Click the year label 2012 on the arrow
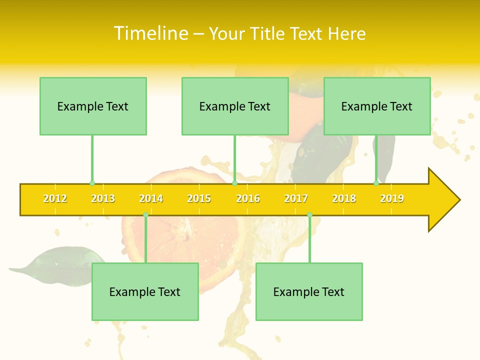point(55,199)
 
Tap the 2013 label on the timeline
point(103,199)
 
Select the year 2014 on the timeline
point(151,199)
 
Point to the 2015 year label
point(199,199)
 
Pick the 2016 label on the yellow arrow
point(248,199)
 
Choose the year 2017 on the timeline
point(296,199)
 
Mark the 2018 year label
point(344,199)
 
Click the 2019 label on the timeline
point(392,199)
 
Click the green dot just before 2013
point(92,183)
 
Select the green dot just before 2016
point(234,183)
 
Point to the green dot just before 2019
point(376,183)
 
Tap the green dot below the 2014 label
point(145,215)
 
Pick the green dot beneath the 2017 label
point(309,215)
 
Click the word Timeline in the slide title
point(150,33)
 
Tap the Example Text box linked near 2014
point(145,291)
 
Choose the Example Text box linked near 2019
point(377,106)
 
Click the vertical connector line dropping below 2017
point(309,240)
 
